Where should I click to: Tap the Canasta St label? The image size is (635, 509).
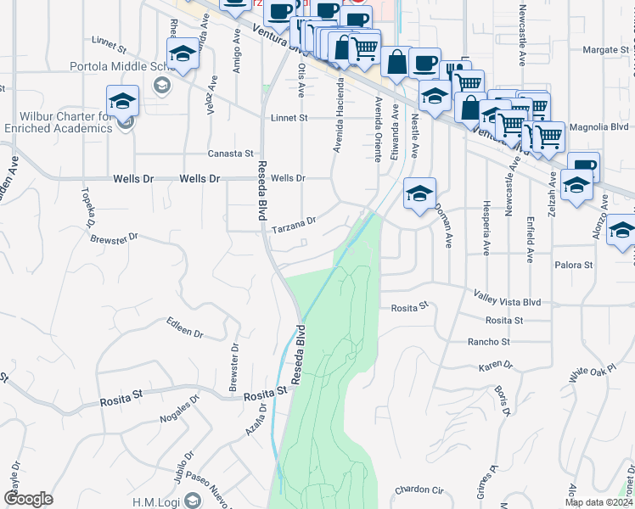(x=231, y=154)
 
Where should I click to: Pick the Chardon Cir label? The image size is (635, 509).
(x=419, y=490)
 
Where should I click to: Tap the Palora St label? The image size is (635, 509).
(x=574, y=266)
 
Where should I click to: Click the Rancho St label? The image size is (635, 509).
(x=488, y=342)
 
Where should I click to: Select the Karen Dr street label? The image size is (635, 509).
(x=496, y=366)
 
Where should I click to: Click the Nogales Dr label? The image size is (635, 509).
(x=179, y=410)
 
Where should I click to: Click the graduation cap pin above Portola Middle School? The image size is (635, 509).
(x=183, y=54)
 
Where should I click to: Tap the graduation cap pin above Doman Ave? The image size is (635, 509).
(x=419, y=193)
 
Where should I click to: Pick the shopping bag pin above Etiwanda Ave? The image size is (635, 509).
(x=396, y=61)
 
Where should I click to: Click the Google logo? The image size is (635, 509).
(x=28, y=499)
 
